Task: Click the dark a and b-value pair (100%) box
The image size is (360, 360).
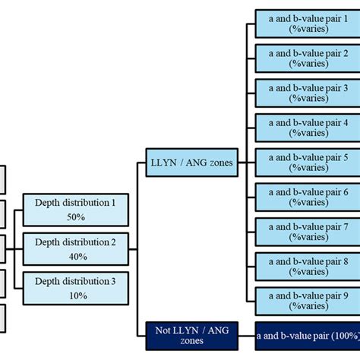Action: click(x=307, y=334)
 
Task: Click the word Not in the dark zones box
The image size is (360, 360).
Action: click(x=162, y=329)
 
